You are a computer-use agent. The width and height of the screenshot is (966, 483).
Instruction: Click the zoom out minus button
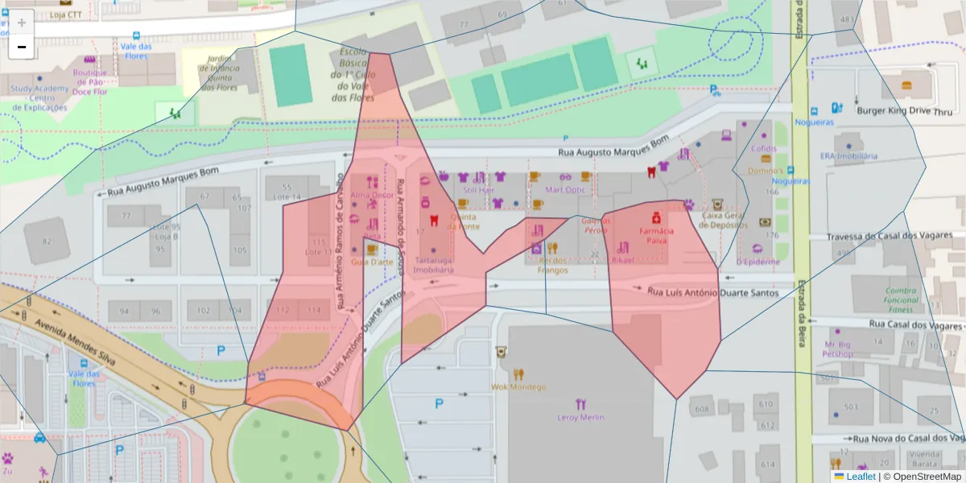point(22,47)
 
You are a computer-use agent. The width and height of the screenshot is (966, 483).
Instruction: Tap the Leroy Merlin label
point(580,417)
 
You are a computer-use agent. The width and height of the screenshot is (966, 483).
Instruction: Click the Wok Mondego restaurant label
point(518,386)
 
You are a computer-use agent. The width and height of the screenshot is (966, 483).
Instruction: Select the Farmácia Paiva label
point(656,234)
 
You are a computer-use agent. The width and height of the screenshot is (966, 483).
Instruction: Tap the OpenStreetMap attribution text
point(926,477)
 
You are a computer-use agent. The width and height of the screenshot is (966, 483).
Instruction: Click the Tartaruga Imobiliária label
point(434,265)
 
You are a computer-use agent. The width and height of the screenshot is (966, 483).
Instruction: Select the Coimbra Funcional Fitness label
point(901,299)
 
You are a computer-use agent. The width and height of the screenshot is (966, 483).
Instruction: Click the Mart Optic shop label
point(565,190)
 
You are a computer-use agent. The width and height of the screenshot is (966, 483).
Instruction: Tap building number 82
point(47,242)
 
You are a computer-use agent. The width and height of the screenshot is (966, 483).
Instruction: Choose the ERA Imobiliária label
point(848,155)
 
